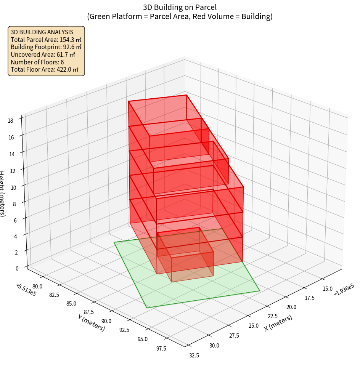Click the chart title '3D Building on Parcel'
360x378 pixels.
[x=180, y=7]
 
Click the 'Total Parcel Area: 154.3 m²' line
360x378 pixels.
[x=46, y=40]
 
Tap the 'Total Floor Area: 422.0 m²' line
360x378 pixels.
[x=44, y=70]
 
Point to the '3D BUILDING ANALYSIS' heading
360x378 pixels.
[x=42, y=32]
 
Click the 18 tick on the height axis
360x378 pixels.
[x=10, y=121]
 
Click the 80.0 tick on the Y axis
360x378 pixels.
[x=38, y=286]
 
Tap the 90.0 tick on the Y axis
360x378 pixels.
[x=106, y=321]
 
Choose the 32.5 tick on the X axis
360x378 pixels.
[x=194, y=356]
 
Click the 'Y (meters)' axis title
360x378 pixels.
[x=92, y=323]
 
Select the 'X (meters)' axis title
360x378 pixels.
[x=278, y=323]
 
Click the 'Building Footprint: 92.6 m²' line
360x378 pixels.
[x=46, y=47]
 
